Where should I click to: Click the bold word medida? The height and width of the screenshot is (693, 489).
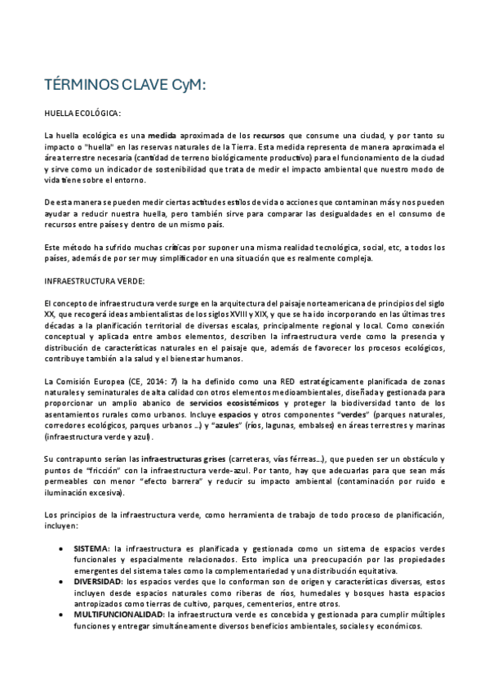pyautogui.click(x=162, y=134)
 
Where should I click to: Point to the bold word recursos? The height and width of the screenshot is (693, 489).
pyautogui.click(x=269, y=134)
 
